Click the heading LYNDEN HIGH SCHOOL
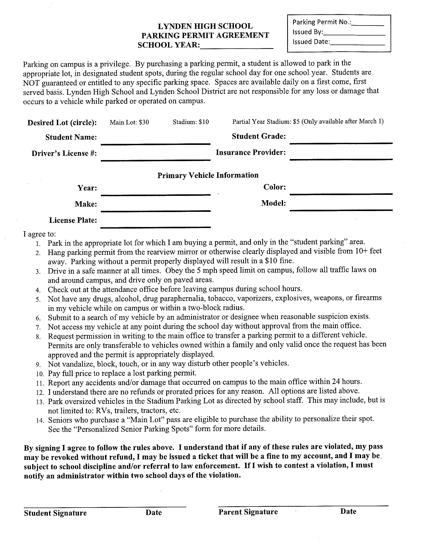tap(205, 26)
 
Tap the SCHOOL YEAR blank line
tap(236, 46)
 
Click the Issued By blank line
tap(354, 33)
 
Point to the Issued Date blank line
tap(357, 43)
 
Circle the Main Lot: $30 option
tap(129, 122)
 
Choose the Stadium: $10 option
tap(191, 122)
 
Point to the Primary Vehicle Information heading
tap(208, 175)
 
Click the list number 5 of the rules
tap(38, 300)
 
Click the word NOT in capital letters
tap(31, 83)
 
